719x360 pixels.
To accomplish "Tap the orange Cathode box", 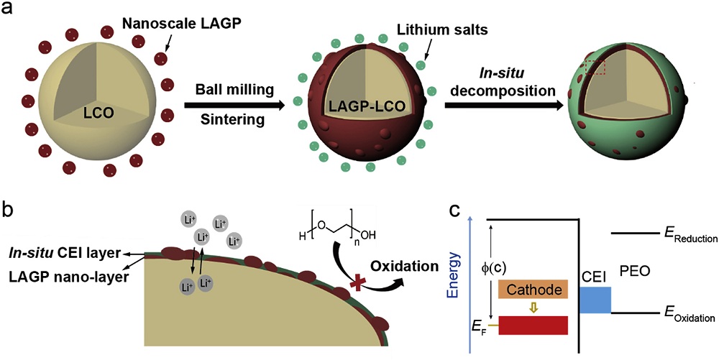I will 533,290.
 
